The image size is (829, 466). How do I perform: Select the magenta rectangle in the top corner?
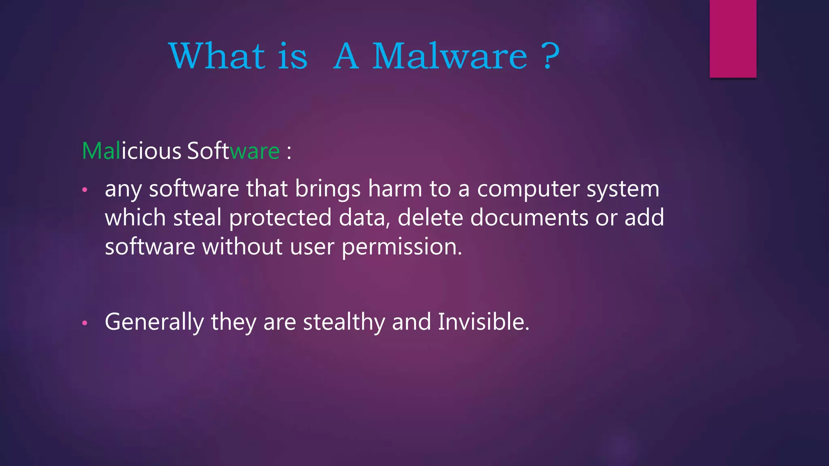(x=733, y=38)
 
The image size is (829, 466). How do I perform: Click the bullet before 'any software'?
(x=85, y=190)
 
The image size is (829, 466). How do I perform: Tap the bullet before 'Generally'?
(x=85, y=323)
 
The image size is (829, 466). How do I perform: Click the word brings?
(x=327, y=189)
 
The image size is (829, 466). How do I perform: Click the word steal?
(x=197, y=218)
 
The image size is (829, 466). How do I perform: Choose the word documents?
(x=529, y=218)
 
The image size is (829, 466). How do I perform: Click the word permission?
(x=402, y=247)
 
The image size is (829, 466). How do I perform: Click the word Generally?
(x=154, y=322)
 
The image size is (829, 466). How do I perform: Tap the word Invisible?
(x=483, y=322)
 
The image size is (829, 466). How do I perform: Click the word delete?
(x=430, y=218)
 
